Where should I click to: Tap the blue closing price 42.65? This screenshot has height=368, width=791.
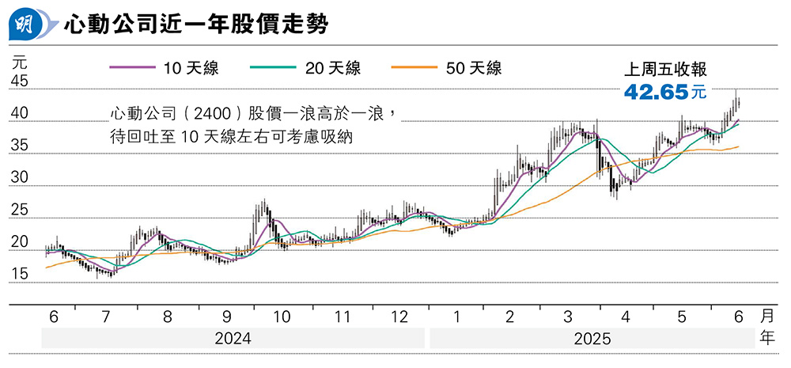[655, 92]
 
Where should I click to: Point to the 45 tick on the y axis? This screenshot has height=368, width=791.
[20, 82]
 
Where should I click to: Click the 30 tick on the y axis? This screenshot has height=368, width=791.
[20, 178]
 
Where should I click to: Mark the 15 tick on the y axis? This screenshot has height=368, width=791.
[20, 274]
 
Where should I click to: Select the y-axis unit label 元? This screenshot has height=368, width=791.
[20, 59]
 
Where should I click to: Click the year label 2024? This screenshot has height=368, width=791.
[233, 338]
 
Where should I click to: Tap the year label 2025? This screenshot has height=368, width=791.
[592, 338]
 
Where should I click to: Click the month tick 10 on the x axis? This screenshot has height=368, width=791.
[282, 317]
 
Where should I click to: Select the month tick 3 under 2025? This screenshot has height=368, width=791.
[568, 317]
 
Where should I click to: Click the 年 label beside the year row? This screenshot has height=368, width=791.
[767, 338]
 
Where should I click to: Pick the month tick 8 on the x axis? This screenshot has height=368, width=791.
[168, 317]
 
